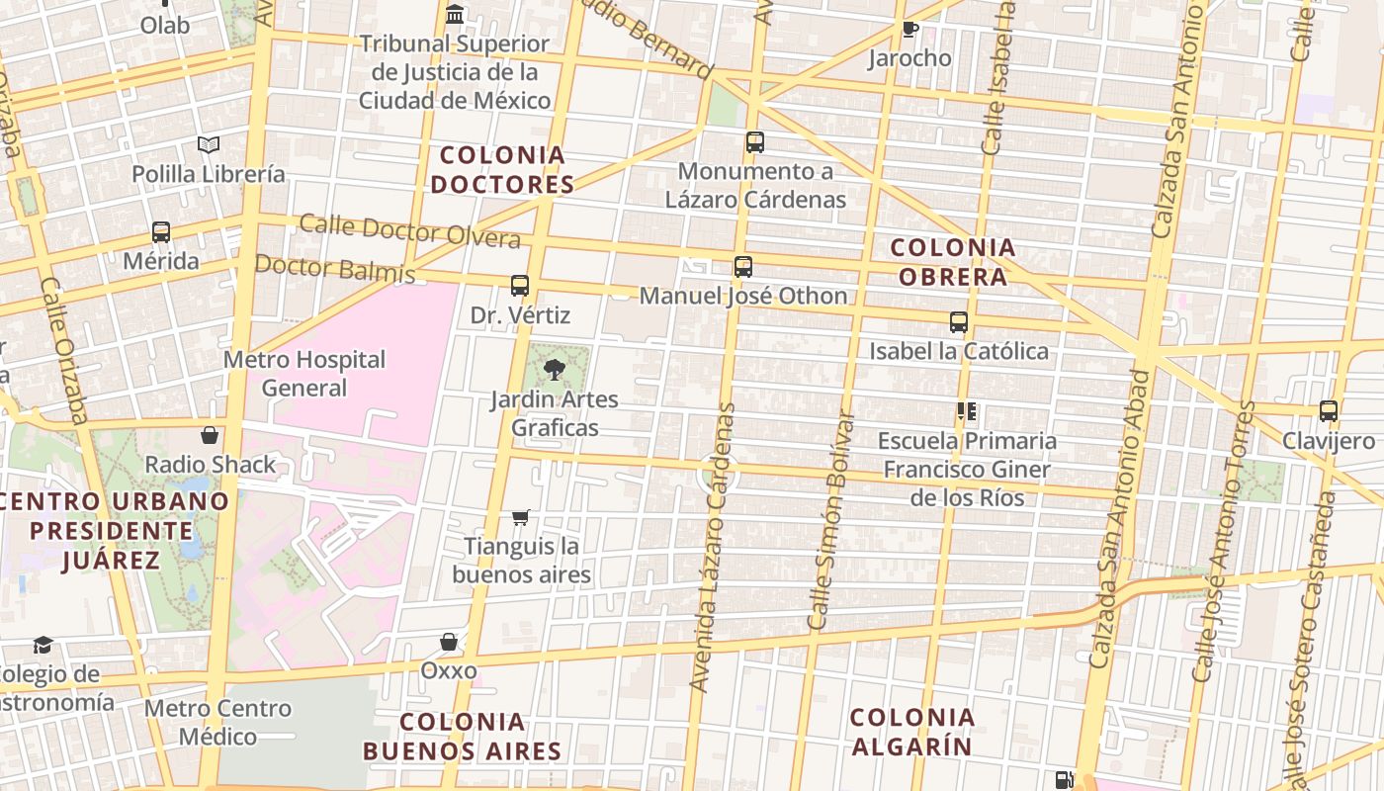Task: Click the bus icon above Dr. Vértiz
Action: [x=520, y=286]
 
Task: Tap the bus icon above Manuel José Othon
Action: [x=743, y=266]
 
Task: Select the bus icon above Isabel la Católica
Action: [x=958, y=321]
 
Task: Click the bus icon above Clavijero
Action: [x=1328, y=410]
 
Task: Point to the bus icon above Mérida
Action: [x=160, y=232]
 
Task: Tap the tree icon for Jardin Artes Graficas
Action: [x=554, y=370]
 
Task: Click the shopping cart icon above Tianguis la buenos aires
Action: [x=521, y=517]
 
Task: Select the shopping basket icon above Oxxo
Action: [x=449, y=642]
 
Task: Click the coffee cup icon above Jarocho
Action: [x=909, y=29]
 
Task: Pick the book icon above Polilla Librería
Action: [x=209, y=145]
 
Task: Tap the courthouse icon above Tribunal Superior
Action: [x=455, y=14]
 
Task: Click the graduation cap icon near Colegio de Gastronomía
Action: [x=43, y=646]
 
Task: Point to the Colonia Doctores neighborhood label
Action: [x=502, y=170]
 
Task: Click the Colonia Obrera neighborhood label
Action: [x=952, y=262]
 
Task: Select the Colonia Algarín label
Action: [x=911, y=732]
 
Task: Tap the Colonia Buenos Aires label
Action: [x=462, y=736]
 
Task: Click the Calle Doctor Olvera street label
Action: [x=409, y=230]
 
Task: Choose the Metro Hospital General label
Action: [x=303, y=373]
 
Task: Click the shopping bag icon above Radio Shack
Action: [x=210, y=435]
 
